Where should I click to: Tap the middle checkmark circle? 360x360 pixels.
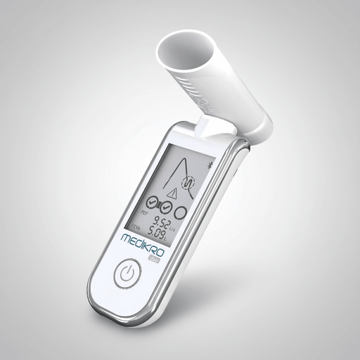coord(164,207)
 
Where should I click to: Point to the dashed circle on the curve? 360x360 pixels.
coord(188,182)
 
